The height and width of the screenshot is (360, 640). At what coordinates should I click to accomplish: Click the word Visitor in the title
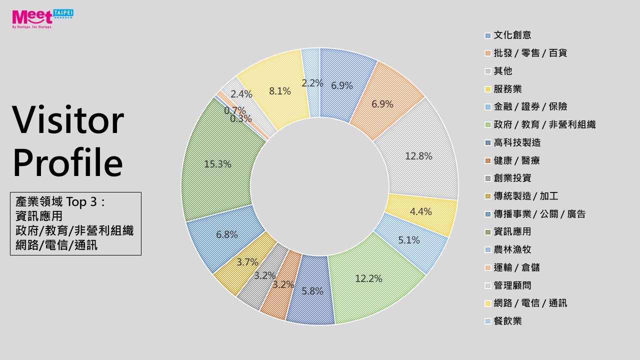[x=67, y=120]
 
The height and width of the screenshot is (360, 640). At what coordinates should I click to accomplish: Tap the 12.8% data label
[x=418, y=156]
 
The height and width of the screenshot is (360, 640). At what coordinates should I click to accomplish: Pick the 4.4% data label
[x=420, y=211]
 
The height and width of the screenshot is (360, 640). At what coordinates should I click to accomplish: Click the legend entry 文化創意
[x=512, y=35]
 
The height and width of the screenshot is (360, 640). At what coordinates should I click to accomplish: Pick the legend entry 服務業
[x=507, y=89]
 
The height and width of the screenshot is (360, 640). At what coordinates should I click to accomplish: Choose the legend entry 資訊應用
[x=512, y=231]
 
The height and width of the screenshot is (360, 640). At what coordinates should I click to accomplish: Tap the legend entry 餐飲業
[x=507, y=321]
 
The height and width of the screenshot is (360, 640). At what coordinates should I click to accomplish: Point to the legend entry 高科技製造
[x=517, y=142]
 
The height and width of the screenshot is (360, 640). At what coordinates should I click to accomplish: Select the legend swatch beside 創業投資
[x=487, y=178]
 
